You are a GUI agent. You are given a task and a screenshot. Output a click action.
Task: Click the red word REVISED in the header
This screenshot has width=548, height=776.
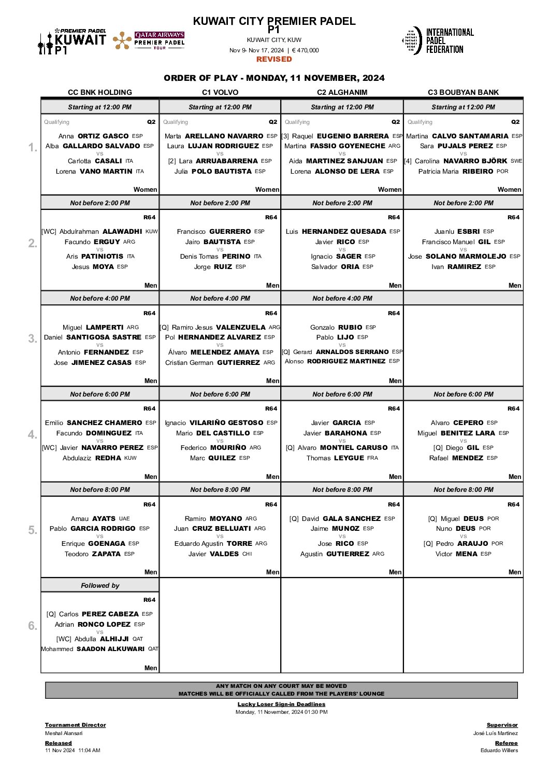pos(274,59)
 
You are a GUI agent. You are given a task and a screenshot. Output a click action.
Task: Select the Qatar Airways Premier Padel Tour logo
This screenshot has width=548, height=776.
pos(149,40)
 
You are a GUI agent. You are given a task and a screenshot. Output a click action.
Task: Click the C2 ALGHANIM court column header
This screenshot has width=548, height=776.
pos(342,92)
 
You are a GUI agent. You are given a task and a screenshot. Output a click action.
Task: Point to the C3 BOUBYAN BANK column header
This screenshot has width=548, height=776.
pos(463,92)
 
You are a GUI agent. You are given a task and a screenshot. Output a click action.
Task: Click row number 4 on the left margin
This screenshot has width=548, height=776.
pos(33,434)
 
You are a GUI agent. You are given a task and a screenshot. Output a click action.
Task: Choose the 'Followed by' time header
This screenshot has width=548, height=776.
pos(100,585)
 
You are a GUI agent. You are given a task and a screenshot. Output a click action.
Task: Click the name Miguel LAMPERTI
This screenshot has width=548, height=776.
pos(93,327)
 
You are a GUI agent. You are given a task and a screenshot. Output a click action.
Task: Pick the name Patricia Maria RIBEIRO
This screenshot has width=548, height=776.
pos(456,171)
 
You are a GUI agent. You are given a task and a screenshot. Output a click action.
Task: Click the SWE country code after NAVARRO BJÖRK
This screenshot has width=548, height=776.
pos(516,161)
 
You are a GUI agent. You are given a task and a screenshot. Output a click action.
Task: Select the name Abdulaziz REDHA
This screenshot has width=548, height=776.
pos(92,458)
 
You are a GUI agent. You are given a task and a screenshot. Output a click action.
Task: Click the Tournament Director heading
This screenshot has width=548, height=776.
pos(75,725)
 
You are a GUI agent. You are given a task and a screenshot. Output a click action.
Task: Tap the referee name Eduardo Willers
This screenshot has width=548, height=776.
pos(499,750)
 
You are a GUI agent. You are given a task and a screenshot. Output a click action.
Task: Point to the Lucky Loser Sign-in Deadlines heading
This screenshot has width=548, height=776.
pos(281,704)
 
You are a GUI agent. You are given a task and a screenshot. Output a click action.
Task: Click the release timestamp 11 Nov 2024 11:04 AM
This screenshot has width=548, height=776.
pos(73,750)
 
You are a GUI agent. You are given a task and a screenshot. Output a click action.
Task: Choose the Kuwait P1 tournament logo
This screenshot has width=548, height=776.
pos(72,41)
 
